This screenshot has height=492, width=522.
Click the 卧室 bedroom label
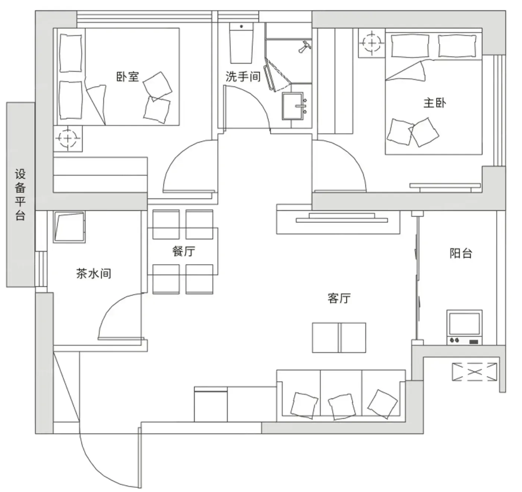(x=128, y=76)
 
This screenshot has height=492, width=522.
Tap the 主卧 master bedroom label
(x=435, y=103)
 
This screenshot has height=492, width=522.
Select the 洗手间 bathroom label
(x=243, y=76)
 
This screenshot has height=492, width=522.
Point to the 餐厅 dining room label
(x=184, y=251)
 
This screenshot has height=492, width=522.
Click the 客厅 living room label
(x=339, y=298)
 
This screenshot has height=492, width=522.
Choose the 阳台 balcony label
(x=461, y=253)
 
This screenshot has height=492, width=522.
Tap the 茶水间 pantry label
(x=94, y=273)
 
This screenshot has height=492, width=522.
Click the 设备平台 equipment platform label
(x=20, y=195)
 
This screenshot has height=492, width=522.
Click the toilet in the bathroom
(x=241, y=43)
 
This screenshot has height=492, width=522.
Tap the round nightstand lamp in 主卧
(x=372, y=43)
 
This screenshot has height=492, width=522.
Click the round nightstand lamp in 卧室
(x=68, y=138)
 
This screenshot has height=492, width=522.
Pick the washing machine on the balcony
(x=465, y=328)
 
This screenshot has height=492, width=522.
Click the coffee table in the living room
(x=339, y=338)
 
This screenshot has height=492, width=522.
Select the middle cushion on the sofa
(x=342, y=407)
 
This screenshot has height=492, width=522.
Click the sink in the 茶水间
(x=69, y=227)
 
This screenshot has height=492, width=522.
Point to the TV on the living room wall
(x=342, y=218)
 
